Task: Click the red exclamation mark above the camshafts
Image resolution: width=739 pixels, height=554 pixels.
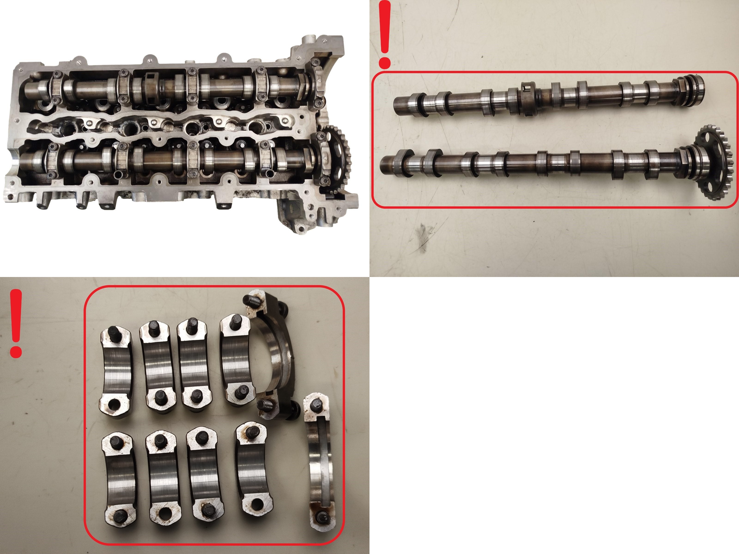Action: (385, 33)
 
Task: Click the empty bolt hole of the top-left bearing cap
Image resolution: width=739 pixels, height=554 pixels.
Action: (114, 405)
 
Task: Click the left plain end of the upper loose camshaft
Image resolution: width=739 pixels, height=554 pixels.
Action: (400, 106)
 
